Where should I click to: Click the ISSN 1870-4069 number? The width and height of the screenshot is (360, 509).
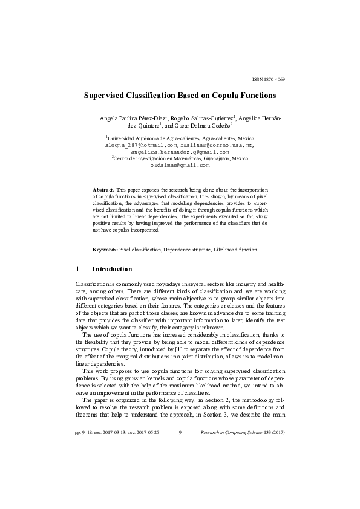point(269,79)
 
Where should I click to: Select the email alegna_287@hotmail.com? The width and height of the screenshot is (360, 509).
point(141,146)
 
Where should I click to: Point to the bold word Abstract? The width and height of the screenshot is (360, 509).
point(103,190)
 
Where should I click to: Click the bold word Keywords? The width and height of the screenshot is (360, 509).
point(105,250)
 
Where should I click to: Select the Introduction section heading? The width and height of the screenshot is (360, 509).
point(112,269)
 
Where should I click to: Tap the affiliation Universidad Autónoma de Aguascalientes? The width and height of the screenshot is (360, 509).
point(154,139)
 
